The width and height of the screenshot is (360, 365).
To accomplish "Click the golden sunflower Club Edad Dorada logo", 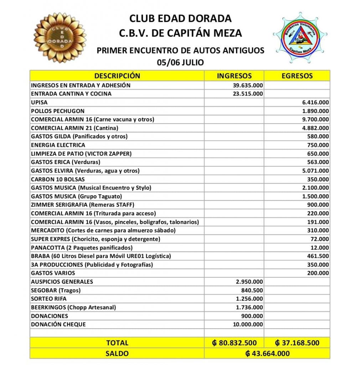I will pos(60,37).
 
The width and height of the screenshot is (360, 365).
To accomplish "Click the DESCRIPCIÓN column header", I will pos(117,76).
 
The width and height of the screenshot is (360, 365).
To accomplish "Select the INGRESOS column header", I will pos(234,76).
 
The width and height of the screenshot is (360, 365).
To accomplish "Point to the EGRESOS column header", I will pos(297,76).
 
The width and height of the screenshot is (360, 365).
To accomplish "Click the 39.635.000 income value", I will pos(248,85).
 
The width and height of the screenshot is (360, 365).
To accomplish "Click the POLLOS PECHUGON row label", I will pos(58,111).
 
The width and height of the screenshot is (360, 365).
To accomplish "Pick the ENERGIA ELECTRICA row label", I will pos(58,145).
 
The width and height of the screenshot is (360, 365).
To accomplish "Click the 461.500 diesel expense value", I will pos(318,256).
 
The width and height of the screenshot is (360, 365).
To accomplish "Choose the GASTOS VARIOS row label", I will pos(53,273).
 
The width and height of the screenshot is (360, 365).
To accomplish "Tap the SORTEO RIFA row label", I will pos(48,299).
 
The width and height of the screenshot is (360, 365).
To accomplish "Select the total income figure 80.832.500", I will pos(234,343).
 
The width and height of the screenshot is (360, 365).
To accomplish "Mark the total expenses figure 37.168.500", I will pos(297,343).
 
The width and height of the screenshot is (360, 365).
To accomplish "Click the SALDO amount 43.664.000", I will pos(267,354).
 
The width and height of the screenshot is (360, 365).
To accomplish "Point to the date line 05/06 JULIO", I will pos(180,62).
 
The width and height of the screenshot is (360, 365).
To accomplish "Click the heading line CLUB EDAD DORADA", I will pos(180,18).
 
